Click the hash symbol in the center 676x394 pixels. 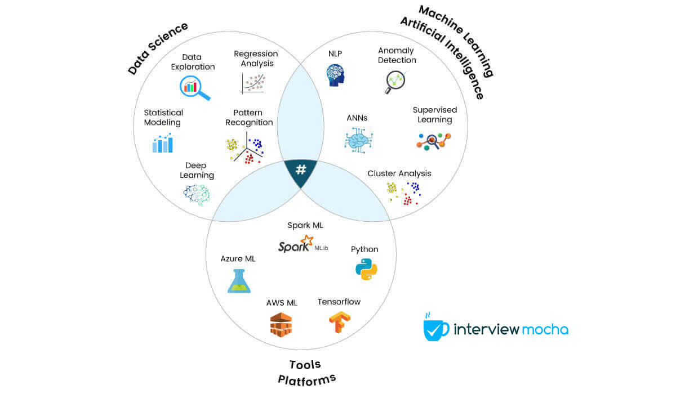[x=301, y=169]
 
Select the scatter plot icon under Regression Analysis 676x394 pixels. [x=253, y=83]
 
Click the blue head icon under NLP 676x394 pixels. [x=335, y=75]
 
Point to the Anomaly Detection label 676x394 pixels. [x=397, y=55]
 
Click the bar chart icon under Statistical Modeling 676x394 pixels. [x=163, y=143]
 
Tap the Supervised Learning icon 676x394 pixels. [x=434, y=140]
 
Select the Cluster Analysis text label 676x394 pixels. [x=399, y=173]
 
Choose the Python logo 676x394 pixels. [x=366, y=269]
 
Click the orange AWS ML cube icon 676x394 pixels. [x=281, y=325]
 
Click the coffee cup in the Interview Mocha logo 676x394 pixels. [x=435, y=328]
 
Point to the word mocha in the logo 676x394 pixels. [x=545, y=329]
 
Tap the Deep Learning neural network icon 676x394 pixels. [x=197, y=195]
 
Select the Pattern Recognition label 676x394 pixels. [x=249, y=118]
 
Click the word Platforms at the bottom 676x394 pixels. [x=306, y=378]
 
